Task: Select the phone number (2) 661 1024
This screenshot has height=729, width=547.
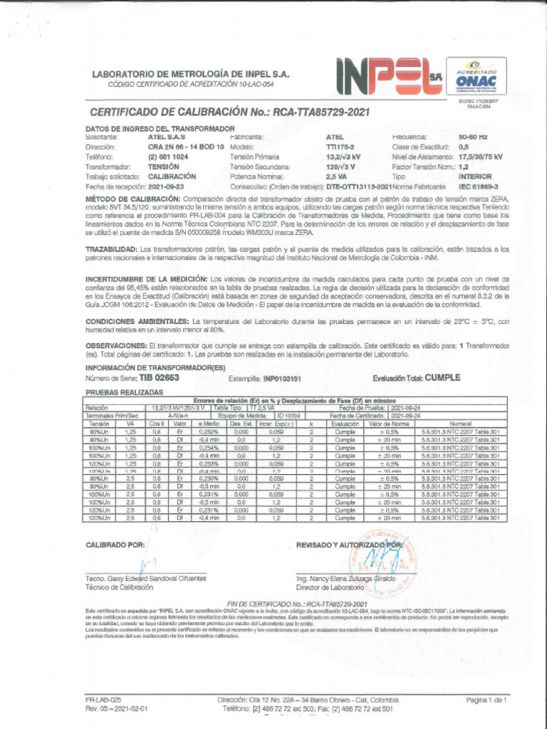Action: point(168,156)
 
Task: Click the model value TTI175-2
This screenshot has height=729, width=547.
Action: point(341,146)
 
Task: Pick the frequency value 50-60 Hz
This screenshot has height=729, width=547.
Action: point(473,136)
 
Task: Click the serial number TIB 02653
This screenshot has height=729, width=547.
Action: point(159,378)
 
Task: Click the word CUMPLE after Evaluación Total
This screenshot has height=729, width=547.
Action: point(442,378)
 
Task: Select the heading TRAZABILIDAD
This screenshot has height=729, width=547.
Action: point(111,249)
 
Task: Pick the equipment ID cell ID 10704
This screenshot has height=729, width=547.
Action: point(289,415)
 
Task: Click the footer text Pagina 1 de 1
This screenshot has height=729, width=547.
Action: point(486,700)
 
